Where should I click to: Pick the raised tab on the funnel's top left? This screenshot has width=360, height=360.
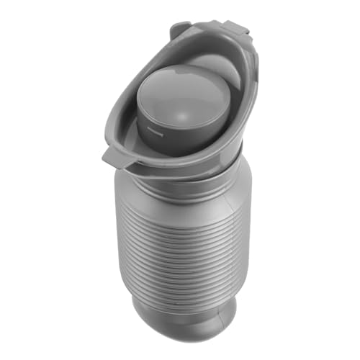pyautogui.click(x=181, y=30)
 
